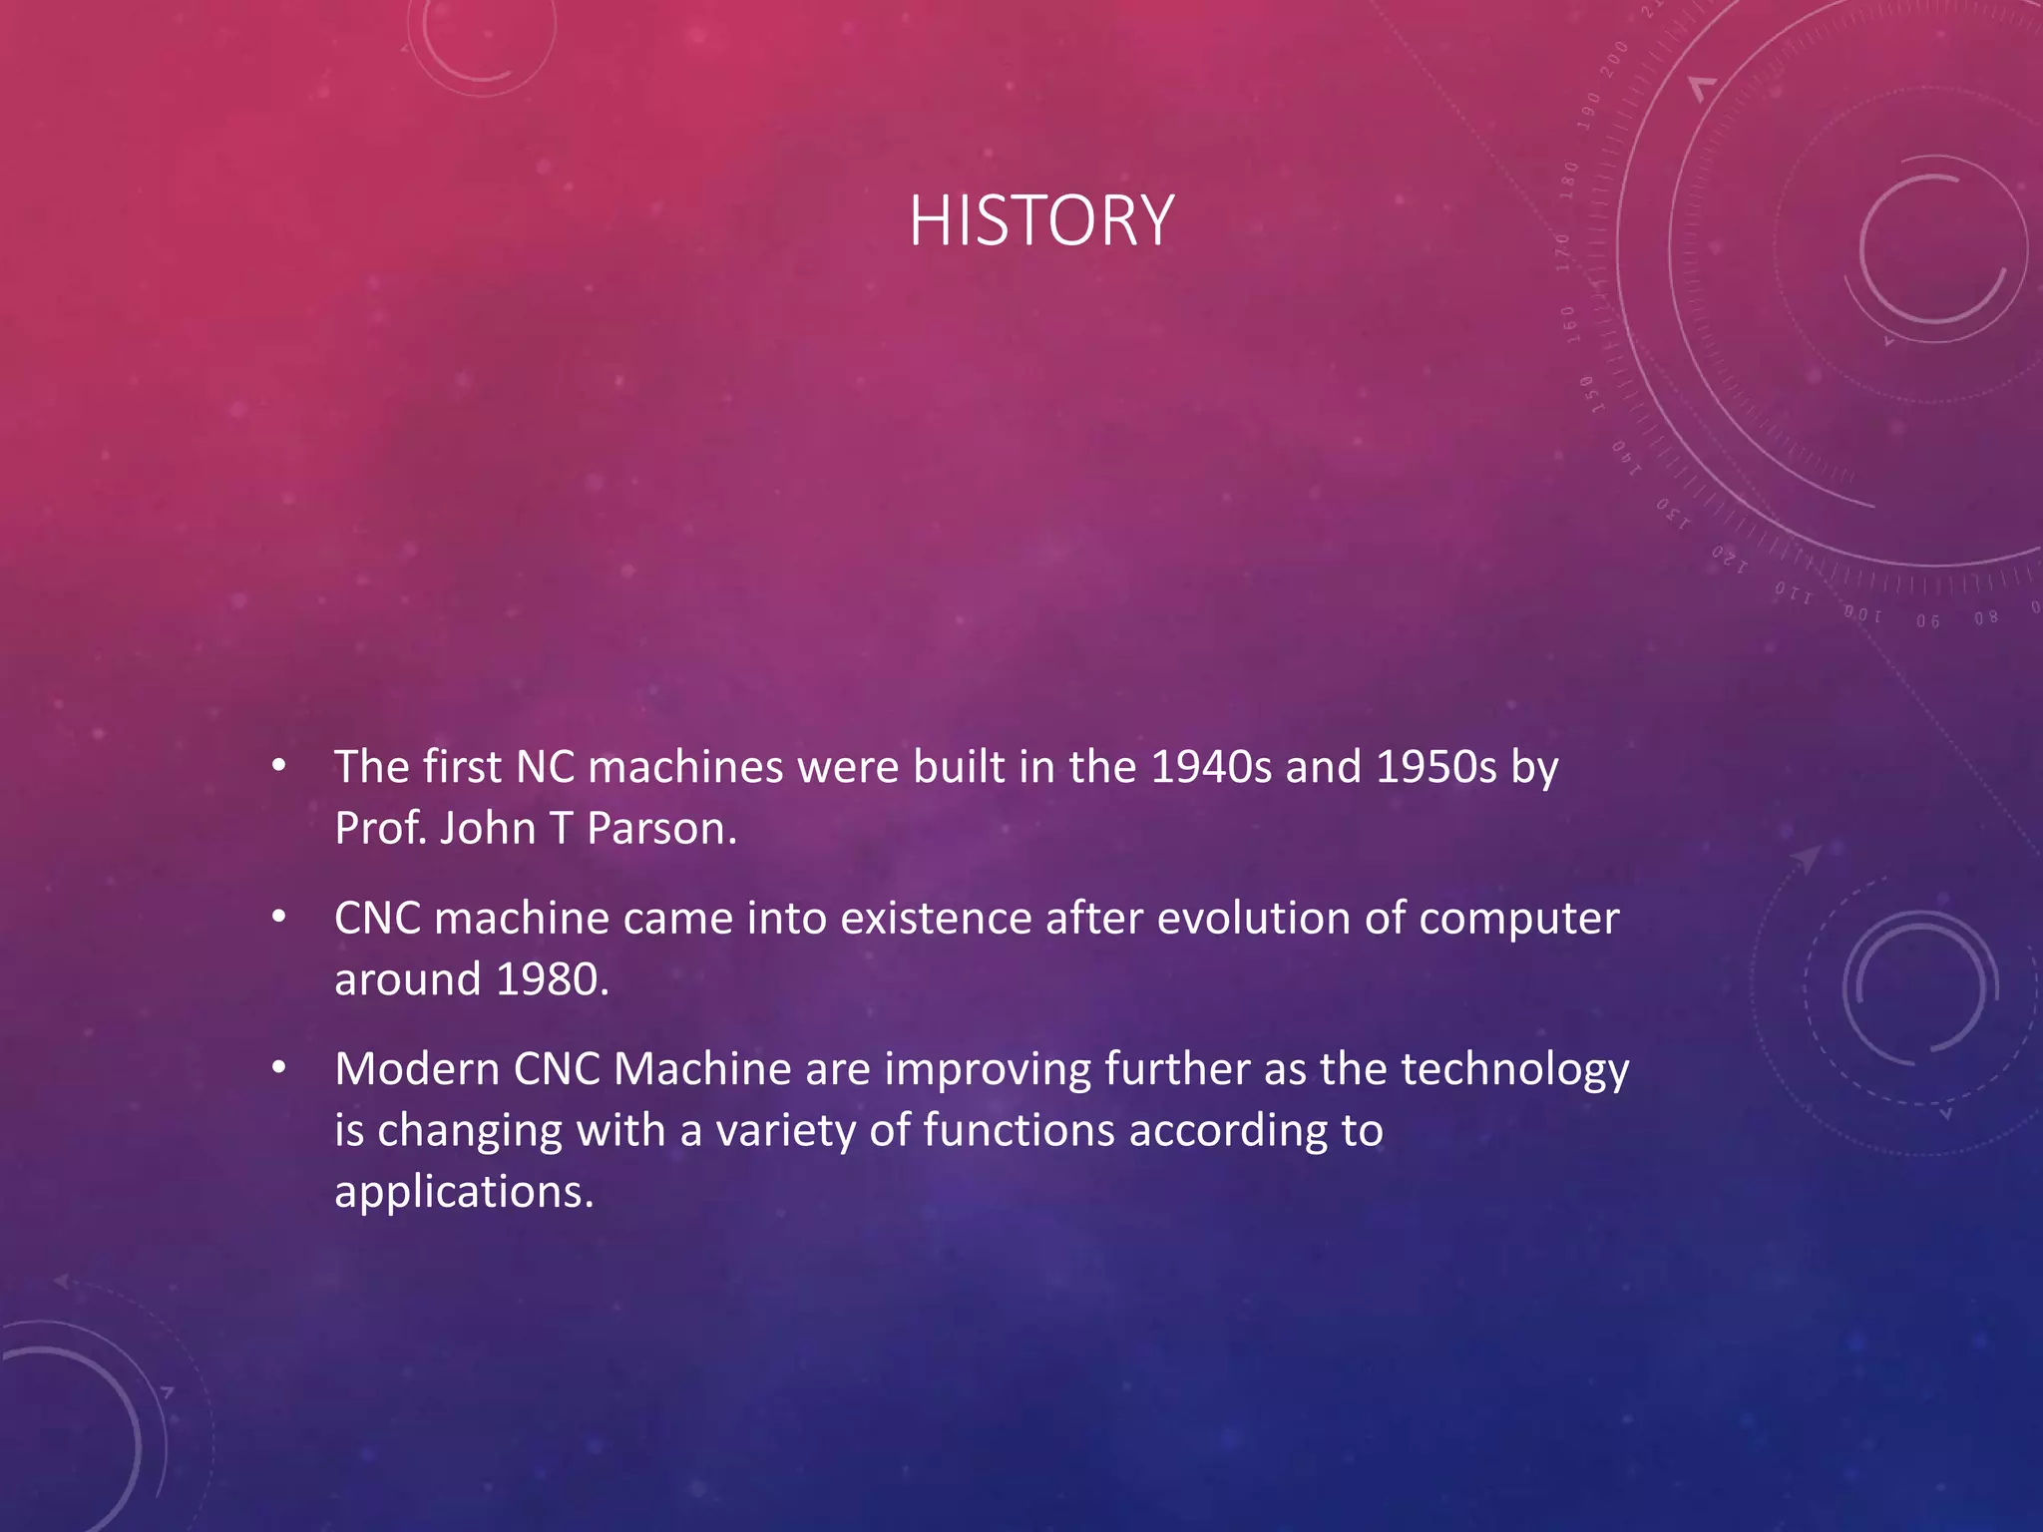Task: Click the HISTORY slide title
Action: (x=1040, y=220)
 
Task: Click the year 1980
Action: (x=552, y=979)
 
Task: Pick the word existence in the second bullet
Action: (x=935, y=919)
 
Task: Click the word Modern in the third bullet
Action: (x=416, y=1069)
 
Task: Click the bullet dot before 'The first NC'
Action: (x=279, y=767)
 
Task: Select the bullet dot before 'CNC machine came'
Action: (x=279, y=918)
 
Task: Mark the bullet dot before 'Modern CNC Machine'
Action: (x=279, y=1069)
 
